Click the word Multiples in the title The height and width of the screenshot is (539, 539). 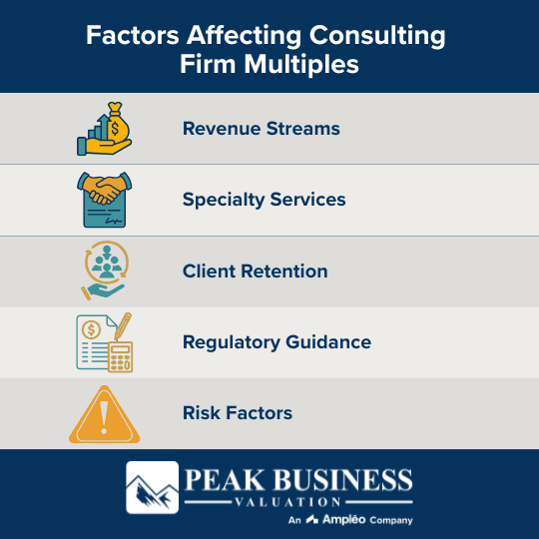pos(315,66)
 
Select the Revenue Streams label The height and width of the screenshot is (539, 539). pos(262,129)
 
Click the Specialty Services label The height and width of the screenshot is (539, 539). pos(264,200)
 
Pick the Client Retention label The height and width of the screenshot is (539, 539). pos(255,270)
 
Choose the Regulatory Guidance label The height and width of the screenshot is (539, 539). pos(276,342)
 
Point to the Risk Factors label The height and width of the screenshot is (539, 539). pos(238,413)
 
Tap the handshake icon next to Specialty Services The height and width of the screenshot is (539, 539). pos(104,190)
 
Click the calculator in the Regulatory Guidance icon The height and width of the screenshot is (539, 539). pos(119,355)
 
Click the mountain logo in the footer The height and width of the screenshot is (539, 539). pos(152,489)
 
